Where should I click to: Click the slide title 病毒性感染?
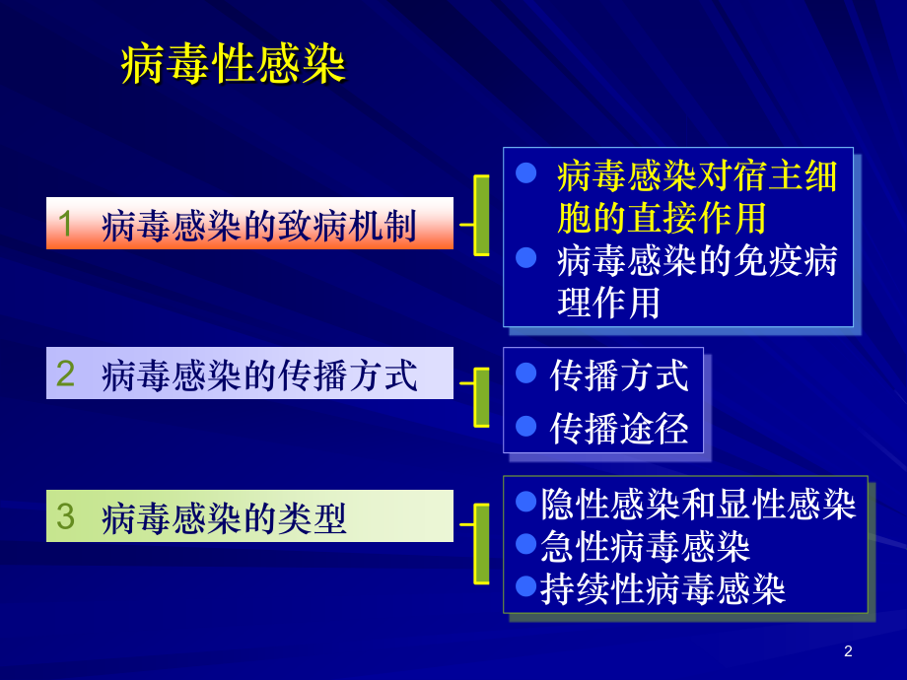233,66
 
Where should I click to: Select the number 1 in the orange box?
65,224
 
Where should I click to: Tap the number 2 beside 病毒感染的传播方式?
65,374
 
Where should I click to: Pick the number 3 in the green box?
65,516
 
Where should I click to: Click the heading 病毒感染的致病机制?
259,226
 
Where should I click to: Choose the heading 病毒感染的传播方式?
259,375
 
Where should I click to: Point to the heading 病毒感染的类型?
225,518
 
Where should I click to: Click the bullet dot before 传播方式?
526,374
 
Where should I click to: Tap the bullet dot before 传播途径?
526,426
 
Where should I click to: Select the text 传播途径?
619,428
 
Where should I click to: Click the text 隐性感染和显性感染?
698,504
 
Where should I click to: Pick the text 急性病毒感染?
646,545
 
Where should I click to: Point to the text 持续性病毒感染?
663,588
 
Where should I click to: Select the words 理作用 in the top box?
608,303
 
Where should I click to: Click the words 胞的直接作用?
662,217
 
